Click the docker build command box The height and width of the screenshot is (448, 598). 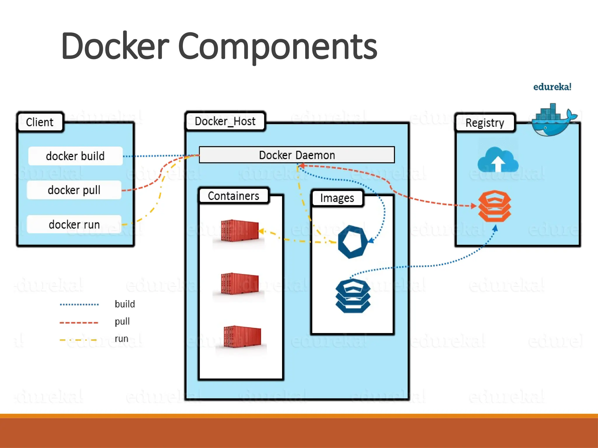click(75, 156)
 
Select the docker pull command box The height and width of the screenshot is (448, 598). click(74, 190)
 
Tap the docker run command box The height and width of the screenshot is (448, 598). click(74, 224)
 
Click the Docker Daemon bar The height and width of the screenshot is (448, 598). click(297, 155)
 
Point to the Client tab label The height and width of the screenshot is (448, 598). click(40, 122)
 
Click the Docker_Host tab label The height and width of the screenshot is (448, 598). click(225, 121)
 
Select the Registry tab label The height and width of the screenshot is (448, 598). click(485, 123)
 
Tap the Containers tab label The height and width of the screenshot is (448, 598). click(233, 196)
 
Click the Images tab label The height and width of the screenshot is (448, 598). click(337, 198)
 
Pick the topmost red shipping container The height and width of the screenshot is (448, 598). click(240, 231)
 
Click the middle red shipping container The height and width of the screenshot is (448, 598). click(240, 283)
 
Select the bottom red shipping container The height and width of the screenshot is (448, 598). click(242, 337)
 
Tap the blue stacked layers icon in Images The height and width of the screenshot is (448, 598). click(353, 296)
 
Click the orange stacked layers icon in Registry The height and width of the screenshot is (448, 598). click(494, 206)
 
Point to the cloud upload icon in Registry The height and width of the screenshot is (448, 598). click(498, 160)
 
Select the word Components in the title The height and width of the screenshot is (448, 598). click(277, 47)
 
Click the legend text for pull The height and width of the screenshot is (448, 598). click(122, 321)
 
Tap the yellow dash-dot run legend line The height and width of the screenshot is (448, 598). click(78, 340)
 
